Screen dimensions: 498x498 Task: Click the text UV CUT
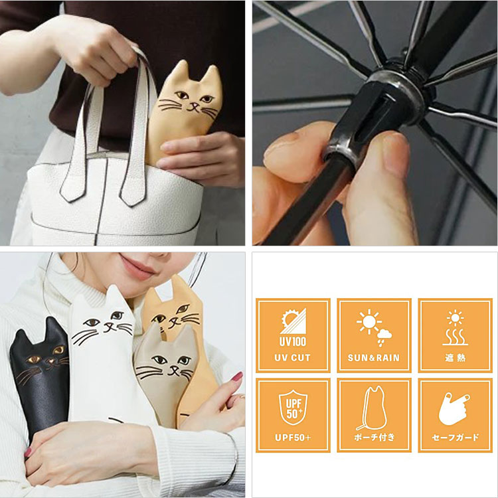[292, 358]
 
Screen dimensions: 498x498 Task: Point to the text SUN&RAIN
[374, 358]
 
